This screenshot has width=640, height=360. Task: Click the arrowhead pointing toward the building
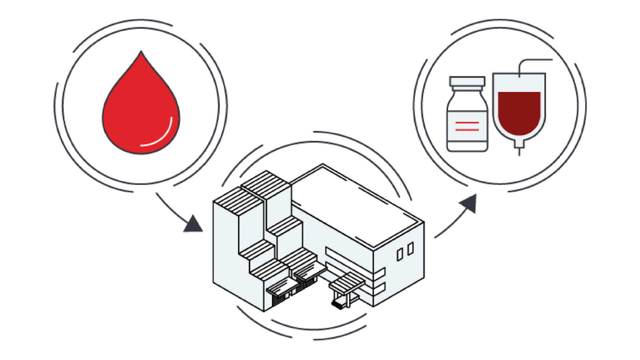(x=194, y=225)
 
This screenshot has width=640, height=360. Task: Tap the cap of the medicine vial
(x=467, y=82)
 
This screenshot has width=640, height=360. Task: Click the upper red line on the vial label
(x=467, y=122)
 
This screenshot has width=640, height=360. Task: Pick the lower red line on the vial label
(x=467, y=130)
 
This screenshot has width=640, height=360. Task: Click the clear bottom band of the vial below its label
(x=467, y=145)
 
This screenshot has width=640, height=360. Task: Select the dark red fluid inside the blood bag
(x=519, y=112)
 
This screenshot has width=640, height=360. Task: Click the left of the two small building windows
(x=400, y=254)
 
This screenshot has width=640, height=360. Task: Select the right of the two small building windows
(x=410, y=249)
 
